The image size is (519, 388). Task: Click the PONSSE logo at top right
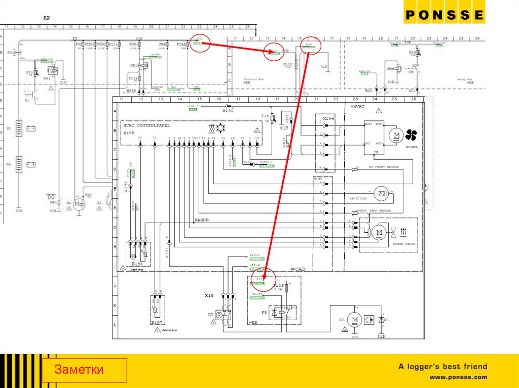click(444, 15)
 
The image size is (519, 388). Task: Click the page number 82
click(47, 18)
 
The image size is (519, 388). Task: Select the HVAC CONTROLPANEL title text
click(146, 125)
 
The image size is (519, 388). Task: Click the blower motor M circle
click(395, 135)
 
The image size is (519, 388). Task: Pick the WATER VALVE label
click(404, 244)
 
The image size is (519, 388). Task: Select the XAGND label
click(202, 221)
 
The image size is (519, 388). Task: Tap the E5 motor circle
click(355, 320)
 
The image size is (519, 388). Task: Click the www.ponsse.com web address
click(458, 377)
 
